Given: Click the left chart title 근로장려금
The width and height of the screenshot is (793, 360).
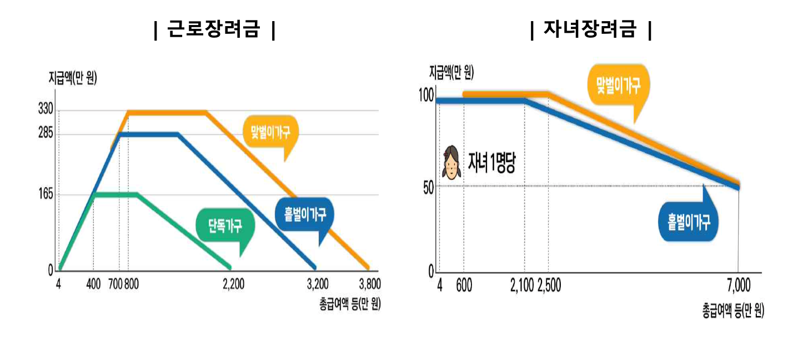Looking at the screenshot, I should (x=214, y=29).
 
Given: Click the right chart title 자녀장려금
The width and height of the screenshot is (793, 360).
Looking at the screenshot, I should (x=591, y=29).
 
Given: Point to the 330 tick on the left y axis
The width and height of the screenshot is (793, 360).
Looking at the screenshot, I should (x=45, y=110).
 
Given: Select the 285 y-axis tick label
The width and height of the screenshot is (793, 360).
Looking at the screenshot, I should (x=45, y=134).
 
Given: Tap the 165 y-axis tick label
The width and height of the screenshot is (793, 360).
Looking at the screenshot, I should (x=45, y=194).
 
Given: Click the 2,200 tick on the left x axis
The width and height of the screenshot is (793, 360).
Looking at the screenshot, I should (x=233, y=284).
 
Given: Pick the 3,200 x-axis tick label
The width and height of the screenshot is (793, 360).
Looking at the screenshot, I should (x=318, y=284).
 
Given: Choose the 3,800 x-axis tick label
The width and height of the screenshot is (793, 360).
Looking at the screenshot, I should (x=370, y=284).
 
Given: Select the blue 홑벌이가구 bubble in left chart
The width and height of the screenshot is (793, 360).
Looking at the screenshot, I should (x=304, y=214).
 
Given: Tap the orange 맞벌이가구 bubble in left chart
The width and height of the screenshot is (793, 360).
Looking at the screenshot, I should (x=271, y=132).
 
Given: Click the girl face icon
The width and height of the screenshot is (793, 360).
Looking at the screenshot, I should (x=451, y=162).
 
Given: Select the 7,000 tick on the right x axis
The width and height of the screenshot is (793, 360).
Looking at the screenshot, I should (x=738, y=286).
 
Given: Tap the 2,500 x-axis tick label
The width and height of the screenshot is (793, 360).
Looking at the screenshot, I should (x=549, y=286).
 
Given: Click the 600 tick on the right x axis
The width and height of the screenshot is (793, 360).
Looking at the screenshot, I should (x=465, y=286).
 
